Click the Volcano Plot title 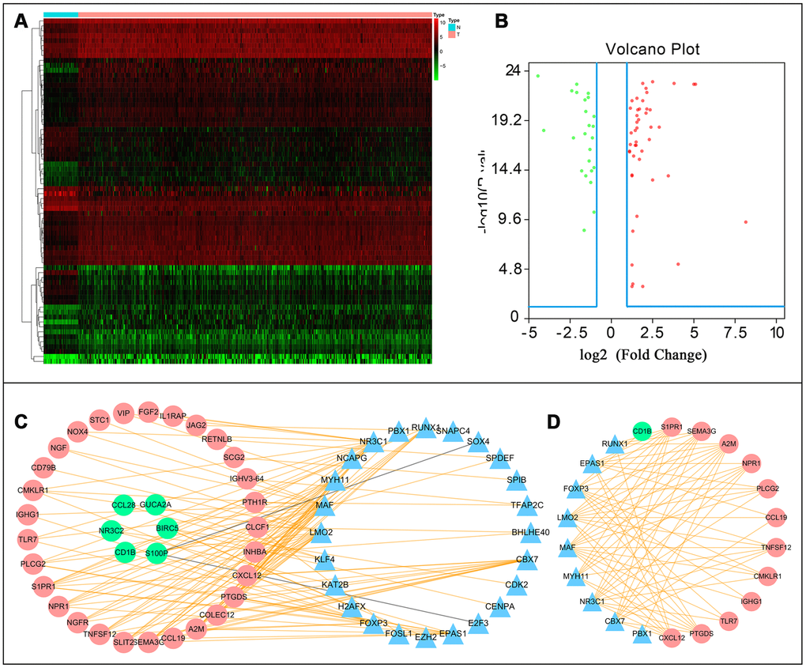[x=653, y=50]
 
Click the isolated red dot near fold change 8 [x=745, y=222]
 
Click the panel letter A [x=23, y=23]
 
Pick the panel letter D [x=556, y=423]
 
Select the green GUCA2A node [x=155, y=504]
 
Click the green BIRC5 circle [x=167, y=527]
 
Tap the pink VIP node [x=122, y=413]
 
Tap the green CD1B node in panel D [x=641, y=432]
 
